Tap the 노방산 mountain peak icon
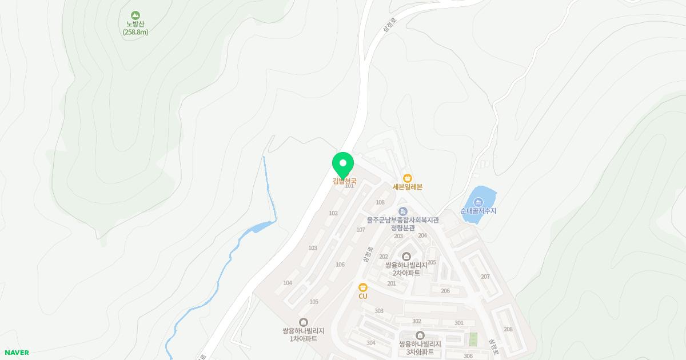tap(135, 15)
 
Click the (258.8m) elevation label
tap(135, 32)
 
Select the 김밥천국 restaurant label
tap(344, 181)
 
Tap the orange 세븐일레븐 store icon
tap(407, 178)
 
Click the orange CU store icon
tap(362, 287)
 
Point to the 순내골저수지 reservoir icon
tap(478, 202)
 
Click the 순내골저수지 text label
tap(478, 211)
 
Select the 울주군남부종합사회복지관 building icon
tap(402, 212)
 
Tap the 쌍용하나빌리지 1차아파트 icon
tap(303, 322)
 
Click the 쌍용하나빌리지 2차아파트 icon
tap(406, 256)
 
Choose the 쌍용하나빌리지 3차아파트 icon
tap(420, 335)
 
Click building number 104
tap(288, 283)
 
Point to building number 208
tap(508, 329)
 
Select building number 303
tap(379, 311)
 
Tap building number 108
tap(380, 202)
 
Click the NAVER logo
tap(17, 353)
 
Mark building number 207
tap(485, 277)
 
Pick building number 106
tap(340, 265)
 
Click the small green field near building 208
tap(473, 339)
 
